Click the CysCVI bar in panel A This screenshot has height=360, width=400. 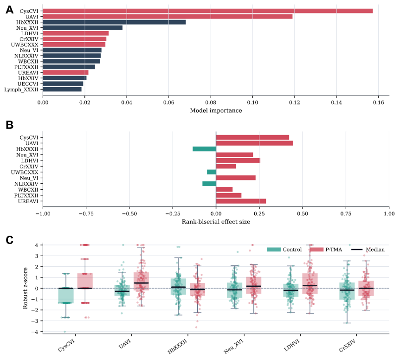pyautogui.click(x=207, y=11)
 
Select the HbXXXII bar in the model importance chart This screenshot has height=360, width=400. pyautogui.click(x=114, y=22)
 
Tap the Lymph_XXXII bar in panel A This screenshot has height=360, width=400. pyautogui.click(x=62, y=89)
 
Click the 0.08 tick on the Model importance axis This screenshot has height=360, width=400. pyautogui.click(x=211, y=103)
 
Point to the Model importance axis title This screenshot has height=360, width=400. pyautogui.click(x=216, y=110)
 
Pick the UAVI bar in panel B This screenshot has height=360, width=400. pyautogui.click(x=254, y=143)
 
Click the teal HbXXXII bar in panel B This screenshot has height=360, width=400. pyautogui.click(x=204, y=149)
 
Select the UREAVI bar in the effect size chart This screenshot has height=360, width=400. pyautogui.click(x=241, y=201)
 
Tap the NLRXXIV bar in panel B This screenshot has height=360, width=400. pyautogui.click(x=209, y=184)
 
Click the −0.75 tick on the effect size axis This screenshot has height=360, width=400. pyautogui.click(x=86, y=214)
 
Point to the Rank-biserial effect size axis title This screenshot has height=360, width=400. pyautogui.click(x=216, y=222)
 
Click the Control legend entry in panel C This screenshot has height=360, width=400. pyautogui.click(x=284, y=250)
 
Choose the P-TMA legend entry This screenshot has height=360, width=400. pyautogui.click(x=326, y=250)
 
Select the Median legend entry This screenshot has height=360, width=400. pyautogui.click(x=368, y=250)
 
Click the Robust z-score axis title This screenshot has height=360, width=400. pyautogui.click(x=25, y=288)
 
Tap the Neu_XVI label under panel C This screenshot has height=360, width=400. pyautogui.click(x=233, y=347)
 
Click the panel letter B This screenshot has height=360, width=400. pyautogui.click(x=9, y=125)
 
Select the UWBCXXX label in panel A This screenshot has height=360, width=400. pyautogui.click(x=25, y=45)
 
